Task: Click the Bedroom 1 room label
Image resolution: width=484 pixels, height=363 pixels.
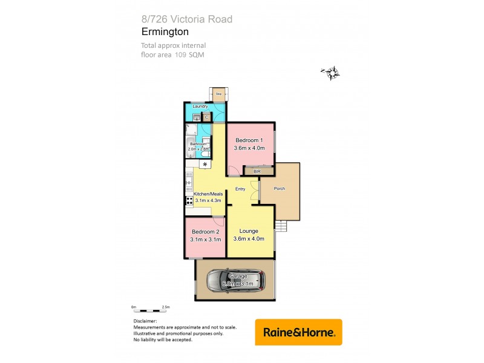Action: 249,140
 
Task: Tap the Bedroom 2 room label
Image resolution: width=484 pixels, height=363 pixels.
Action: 205,232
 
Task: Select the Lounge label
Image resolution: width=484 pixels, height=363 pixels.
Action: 249,231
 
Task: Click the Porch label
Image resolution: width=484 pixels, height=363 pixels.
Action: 280,189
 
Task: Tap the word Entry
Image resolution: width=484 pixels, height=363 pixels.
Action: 240,189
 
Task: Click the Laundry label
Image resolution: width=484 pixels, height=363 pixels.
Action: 200,106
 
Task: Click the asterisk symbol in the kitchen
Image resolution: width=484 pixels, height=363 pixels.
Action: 205,165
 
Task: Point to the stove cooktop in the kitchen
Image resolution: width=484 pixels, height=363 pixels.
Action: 189,200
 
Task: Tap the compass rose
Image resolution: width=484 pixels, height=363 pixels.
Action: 331,74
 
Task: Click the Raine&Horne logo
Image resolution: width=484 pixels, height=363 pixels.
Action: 298,332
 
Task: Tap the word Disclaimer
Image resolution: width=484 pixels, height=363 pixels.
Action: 146,321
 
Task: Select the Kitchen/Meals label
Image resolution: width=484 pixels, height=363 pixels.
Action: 207,194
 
